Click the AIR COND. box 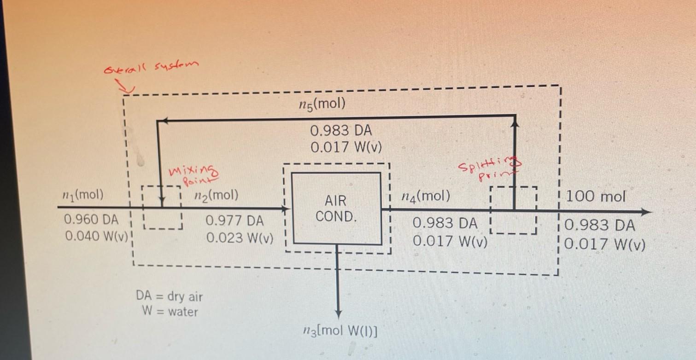click(337, 208)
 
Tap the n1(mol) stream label click(83, 195)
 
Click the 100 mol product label click(596, 197)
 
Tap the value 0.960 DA click(92, 220)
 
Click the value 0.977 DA click(235, 221)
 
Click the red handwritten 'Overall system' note click(151, 68)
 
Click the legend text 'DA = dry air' click(169, 296)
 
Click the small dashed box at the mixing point click(162, 207)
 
